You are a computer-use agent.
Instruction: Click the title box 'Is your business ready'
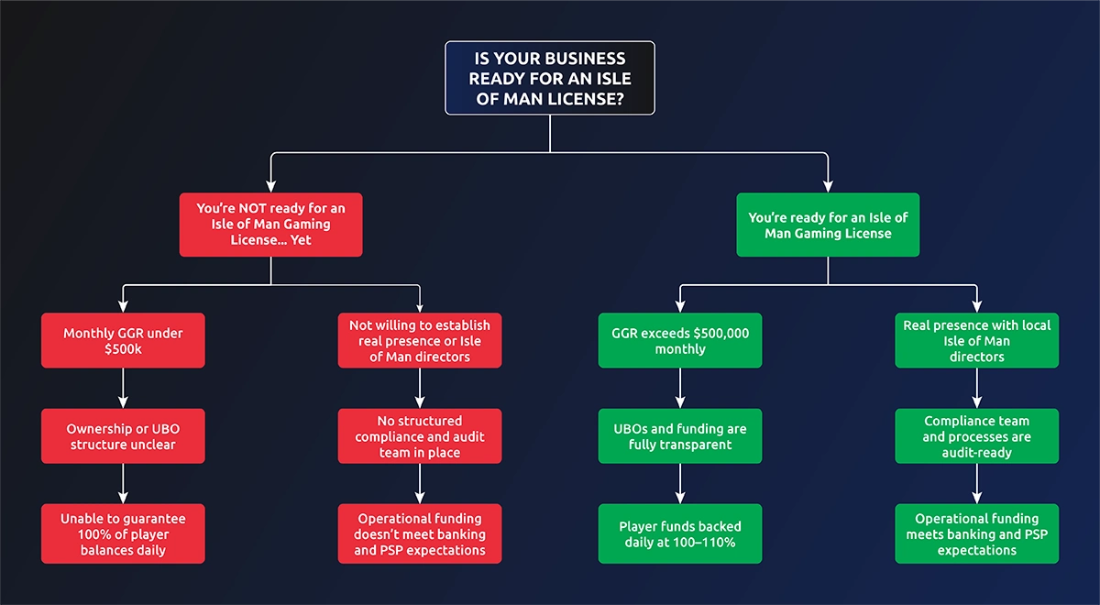click(550, 78)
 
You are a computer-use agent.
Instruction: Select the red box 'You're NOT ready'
click(271, 225)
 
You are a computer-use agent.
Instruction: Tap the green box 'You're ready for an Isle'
click(828, 225)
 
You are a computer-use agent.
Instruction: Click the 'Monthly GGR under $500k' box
click(123, 341)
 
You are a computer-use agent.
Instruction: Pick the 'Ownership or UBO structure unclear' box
click(123, 436)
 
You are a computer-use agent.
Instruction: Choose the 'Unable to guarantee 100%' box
click(123, 533)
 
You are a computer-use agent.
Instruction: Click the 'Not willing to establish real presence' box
click(420, 341)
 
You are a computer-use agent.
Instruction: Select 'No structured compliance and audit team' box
click(420, 436)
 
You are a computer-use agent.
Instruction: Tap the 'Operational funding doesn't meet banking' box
click(420, 533)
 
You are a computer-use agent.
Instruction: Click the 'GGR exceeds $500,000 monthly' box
click(680, 341)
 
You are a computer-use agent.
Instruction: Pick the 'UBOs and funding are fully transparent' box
click(680, 436)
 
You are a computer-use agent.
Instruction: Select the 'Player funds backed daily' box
click(680, 533)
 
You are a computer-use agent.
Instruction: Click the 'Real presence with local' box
click(977, 341)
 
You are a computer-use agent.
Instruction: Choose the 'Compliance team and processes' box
click(977, 436)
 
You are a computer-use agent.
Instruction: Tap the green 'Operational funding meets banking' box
click(977, 533)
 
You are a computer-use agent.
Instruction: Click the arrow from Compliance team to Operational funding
click(977, 484)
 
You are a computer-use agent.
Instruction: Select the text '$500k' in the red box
click(123, 349)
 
